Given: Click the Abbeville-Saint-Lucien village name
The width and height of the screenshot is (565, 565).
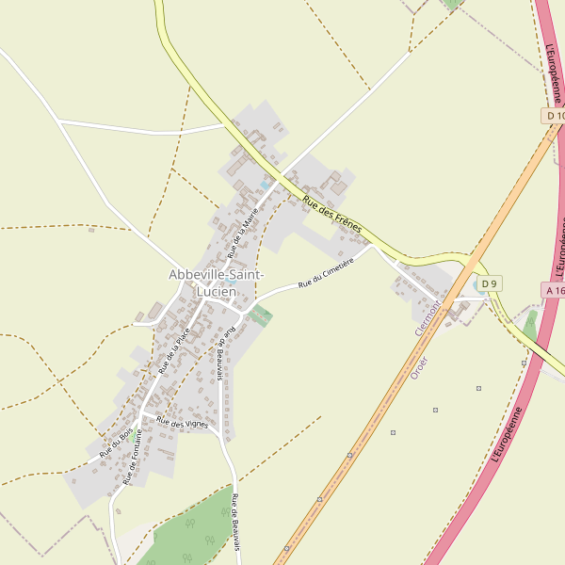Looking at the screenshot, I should (x=217, y=282).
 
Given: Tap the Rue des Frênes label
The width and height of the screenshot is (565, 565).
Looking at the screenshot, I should (x=332, y=215).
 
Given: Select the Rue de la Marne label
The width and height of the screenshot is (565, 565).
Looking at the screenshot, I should (x=243, y=233).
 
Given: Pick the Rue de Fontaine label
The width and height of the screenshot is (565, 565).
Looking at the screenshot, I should (x=132, y=457).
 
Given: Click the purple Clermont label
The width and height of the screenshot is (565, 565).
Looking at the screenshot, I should (x=428, y=318).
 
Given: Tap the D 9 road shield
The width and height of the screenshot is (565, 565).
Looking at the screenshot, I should (x=488, y=283).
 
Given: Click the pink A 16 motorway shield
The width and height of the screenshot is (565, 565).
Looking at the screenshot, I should (x=554, y=290).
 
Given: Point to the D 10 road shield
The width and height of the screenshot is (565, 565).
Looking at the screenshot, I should (x=554, y=115).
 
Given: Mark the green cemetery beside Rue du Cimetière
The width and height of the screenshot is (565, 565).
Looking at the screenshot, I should (x=262, y=315).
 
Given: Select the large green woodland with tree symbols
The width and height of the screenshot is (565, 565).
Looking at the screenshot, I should (x=193, y=532).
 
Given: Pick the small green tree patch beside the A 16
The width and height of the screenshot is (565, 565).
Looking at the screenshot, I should (x=531, y=326).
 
